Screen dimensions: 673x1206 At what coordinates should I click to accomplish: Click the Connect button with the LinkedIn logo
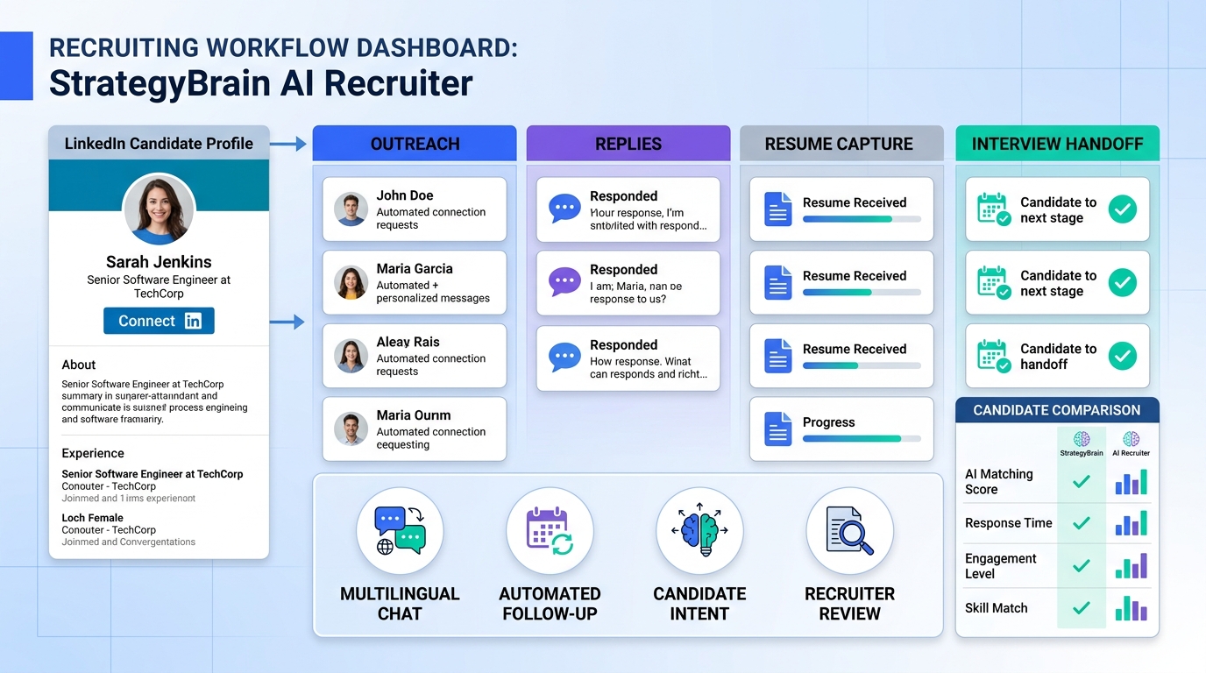coord(159,321)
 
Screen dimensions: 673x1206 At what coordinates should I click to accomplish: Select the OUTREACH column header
coord(415,144)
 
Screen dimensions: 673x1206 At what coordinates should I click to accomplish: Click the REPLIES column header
coord(628,144)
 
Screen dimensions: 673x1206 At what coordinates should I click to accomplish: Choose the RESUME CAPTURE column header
coord(840,144)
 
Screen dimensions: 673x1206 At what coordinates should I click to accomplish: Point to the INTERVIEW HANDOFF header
coord(1057,144)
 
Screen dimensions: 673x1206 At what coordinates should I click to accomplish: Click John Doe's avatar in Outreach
coord(351,209)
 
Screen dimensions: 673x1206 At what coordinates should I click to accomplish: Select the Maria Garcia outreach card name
coord(415,269)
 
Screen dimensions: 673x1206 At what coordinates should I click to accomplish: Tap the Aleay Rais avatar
coord(351,356)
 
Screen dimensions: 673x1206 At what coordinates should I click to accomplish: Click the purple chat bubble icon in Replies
coord(564,282)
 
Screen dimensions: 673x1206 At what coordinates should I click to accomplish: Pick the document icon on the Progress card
coord(777,429)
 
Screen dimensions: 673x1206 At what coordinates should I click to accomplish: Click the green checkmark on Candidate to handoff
coord(1122,356)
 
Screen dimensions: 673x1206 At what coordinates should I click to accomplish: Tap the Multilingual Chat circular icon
coord(400,531)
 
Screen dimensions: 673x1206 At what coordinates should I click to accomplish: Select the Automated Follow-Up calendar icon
coord(550,531)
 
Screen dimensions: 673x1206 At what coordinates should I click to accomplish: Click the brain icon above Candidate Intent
coord(699,531)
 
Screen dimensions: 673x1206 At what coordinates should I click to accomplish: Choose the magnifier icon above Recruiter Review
coord(849,531)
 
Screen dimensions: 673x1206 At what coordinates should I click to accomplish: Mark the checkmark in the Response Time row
coord(1082,523)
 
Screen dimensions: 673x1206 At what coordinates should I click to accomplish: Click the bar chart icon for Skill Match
coord(1131,608)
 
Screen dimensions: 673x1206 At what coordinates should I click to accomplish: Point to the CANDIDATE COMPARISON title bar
coord(1057,410)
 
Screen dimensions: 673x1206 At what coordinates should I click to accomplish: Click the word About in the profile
coord(79,365)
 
